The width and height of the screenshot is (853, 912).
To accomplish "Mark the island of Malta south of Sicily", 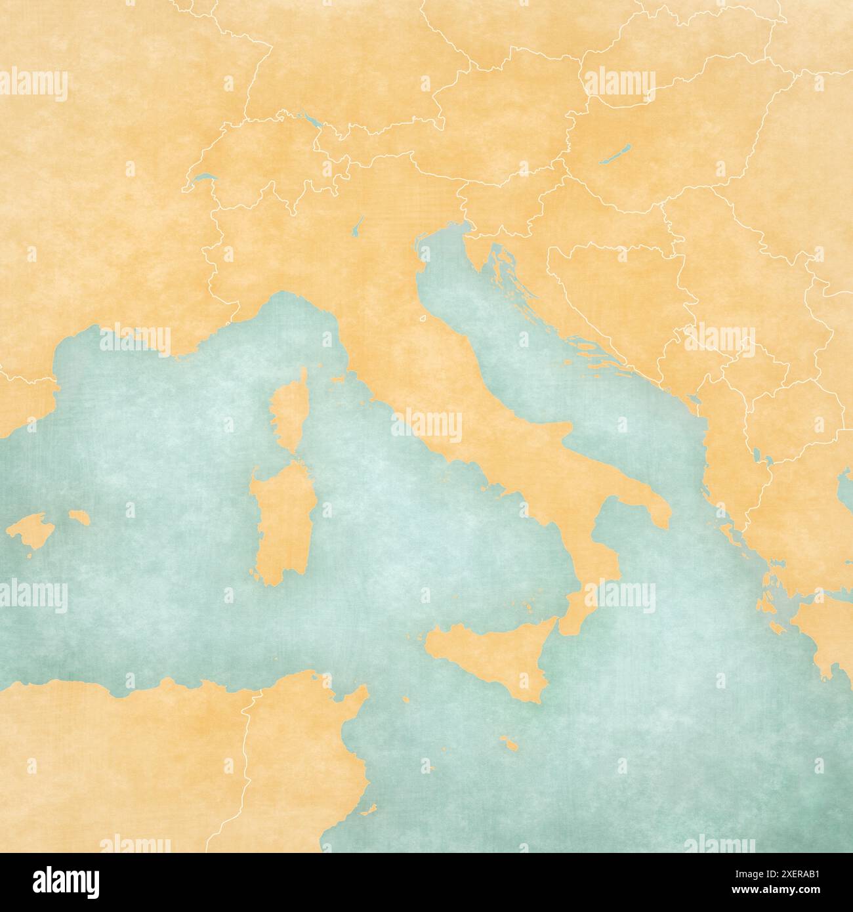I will (507, 743).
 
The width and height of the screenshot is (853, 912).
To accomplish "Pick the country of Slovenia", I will (499, 197).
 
